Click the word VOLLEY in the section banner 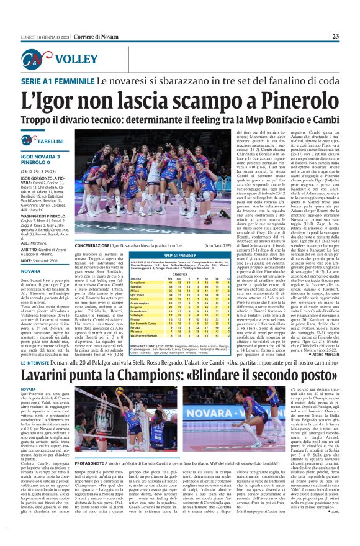coord(74,60)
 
